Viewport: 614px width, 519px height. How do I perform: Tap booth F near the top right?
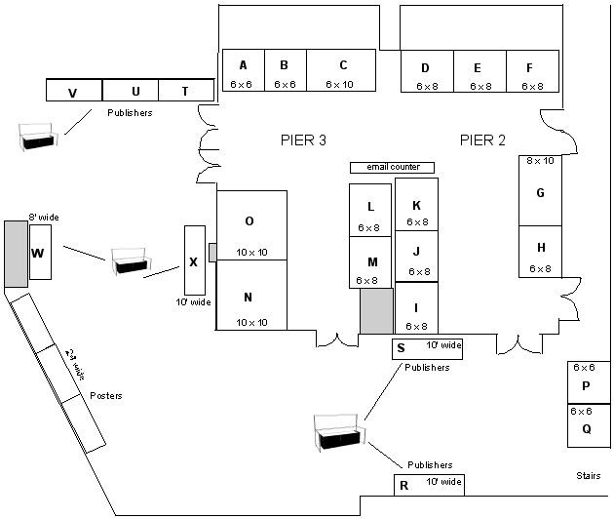532,72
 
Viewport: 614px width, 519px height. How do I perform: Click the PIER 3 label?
303,140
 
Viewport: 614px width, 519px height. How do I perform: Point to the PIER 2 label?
482,140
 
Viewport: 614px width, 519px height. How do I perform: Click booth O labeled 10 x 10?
250,225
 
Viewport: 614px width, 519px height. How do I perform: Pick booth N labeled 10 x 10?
250,296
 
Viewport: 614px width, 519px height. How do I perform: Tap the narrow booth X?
195,260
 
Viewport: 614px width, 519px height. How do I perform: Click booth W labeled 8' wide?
40,252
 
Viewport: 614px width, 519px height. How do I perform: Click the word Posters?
105,395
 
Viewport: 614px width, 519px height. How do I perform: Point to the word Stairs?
587,475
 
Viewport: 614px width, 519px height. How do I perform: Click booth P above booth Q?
585,382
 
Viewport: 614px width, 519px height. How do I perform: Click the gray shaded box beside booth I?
376,311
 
